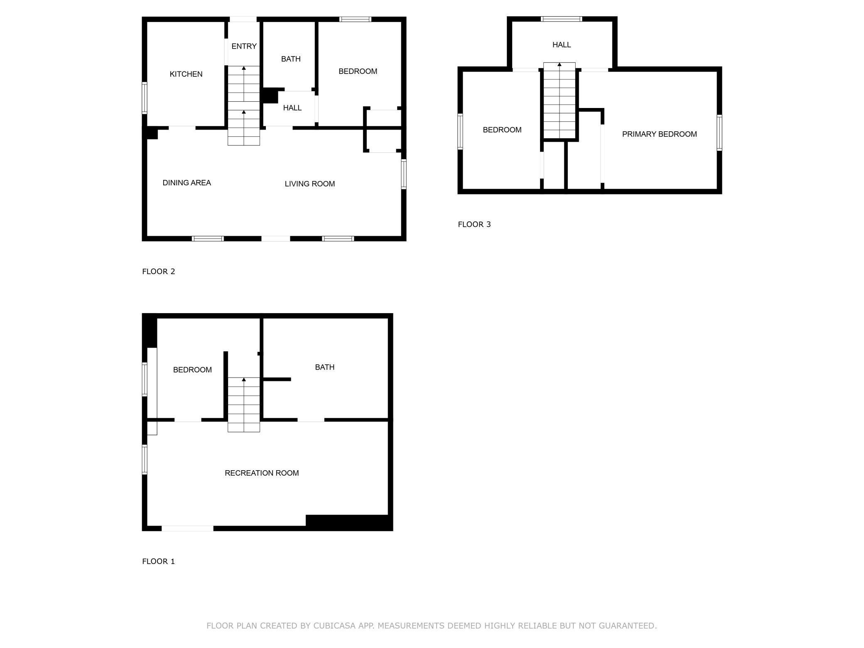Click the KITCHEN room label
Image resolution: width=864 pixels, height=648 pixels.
186,74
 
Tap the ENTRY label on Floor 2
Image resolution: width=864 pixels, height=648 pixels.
244,46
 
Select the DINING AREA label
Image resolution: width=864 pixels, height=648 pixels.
187,183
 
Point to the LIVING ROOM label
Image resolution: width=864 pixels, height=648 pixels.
309,184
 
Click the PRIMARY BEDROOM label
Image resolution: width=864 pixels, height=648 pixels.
659,134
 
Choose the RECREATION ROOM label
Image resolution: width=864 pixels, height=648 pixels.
262,473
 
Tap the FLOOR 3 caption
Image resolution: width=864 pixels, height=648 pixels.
474,224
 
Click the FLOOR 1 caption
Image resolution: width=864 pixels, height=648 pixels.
159,561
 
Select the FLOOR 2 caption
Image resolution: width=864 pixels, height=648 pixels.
159,271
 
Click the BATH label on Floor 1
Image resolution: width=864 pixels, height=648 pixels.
324,367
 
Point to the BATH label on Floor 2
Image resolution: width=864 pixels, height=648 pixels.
291,59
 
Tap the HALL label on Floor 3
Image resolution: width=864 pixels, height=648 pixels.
562,45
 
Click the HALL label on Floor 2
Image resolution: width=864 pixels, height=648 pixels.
292,108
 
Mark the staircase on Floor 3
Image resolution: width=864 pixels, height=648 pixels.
560,101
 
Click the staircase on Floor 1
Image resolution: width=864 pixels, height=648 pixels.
244,405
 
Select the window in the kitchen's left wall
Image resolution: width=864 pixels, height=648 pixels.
145,98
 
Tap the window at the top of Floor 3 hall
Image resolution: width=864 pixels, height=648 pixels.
561,19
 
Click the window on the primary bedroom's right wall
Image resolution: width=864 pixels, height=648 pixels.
719,133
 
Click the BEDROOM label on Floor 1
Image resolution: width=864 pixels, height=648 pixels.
192,370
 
